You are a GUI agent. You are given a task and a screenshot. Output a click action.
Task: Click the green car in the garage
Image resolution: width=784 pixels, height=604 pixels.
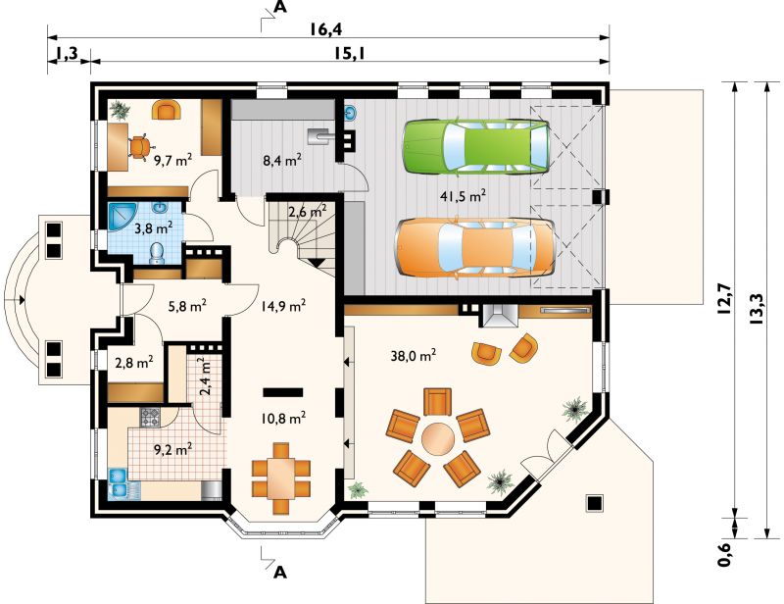pos(476,147)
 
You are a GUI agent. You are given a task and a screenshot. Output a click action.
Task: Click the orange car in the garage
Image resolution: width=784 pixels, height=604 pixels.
pos(475,247)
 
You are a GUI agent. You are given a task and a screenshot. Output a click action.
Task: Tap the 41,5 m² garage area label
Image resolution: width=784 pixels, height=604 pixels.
pos(463,196)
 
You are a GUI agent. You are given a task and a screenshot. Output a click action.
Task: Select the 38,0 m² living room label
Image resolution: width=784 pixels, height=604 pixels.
pos(413,355)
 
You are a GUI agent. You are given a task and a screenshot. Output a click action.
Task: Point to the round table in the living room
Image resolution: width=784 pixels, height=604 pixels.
pos(438,438)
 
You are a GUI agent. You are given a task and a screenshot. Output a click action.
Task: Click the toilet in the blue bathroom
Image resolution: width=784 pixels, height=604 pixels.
pos(157,253)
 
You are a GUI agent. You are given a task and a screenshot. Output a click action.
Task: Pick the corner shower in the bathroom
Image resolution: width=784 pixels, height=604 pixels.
pos(121,216)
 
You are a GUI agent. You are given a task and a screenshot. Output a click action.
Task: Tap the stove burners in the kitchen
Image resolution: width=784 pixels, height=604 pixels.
pos(150,418)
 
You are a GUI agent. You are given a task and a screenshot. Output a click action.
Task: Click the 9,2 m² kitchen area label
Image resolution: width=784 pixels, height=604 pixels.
pos(173,449)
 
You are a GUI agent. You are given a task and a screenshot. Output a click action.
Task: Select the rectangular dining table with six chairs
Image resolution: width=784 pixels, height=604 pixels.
pos(281,478)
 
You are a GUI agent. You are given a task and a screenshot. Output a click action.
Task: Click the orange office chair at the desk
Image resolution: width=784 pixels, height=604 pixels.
pos(139,147)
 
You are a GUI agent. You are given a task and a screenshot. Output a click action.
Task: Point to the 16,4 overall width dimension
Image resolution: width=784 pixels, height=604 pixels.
pos(325,29)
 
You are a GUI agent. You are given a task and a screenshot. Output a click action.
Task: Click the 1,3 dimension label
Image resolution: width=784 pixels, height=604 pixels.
pos(67,53)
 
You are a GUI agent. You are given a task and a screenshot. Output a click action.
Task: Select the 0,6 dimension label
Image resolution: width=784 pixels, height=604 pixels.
pos(725,553)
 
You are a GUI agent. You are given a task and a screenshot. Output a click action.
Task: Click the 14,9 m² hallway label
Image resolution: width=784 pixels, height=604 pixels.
pos(283,305)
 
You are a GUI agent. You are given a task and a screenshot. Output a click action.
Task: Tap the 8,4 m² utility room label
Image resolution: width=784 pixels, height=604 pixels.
pos(282,160)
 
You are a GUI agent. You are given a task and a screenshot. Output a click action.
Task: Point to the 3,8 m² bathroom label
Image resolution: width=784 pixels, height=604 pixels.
pos(154,228)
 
